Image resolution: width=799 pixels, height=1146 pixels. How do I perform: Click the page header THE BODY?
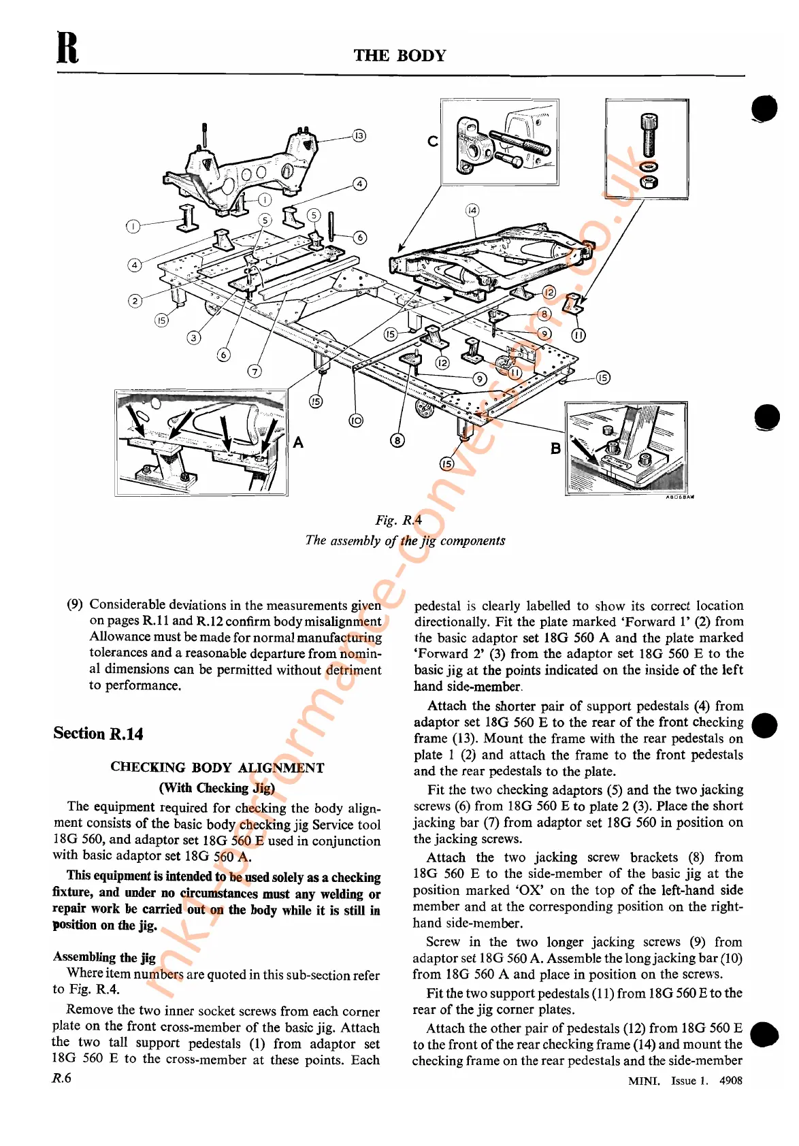pos(399,56)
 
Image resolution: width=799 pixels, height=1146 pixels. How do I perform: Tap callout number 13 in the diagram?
pos(359,135)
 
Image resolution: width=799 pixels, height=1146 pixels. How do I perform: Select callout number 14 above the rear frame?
pos(472,210)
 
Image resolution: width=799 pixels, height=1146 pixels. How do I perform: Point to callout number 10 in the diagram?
pos(356,421)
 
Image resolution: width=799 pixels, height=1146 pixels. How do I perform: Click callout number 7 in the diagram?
pos(255,371)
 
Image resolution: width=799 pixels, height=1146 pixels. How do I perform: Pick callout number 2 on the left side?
pos(135,301)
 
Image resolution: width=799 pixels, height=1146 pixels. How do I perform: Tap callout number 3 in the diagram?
pos(194,338)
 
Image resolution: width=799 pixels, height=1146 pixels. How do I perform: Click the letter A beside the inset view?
pos(298,442)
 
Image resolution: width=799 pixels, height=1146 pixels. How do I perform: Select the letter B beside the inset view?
pos(555,448)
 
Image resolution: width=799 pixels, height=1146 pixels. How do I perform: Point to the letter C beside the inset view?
pos(432,141)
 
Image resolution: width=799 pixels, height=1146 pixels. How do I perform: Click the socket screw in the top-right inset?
pos(649,135)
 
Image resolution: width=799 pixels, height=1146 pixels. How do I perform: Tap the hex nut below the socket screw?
pos(649,182)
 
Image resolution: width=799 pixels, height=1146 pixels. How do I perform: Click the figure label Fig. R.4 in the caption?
pos(398,521)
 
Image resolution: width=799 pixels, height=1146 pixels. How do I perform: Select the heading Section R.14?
pos(99,734)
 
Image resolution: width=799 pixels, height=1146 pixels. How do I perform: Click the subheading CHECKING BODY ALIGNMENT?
pos(217,768)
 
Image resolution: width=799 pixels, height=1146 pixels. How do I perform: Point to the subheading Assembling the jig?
pos(104,957)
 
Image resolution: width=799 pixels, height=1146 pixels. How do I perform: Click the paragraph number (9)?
pos(75,604)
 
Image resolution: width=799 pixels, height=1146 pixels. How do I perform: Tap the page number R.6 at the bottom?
pos(62,1078)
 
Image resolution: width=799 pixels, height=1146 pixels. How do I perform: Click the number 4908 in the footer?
pos(730,1081)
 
